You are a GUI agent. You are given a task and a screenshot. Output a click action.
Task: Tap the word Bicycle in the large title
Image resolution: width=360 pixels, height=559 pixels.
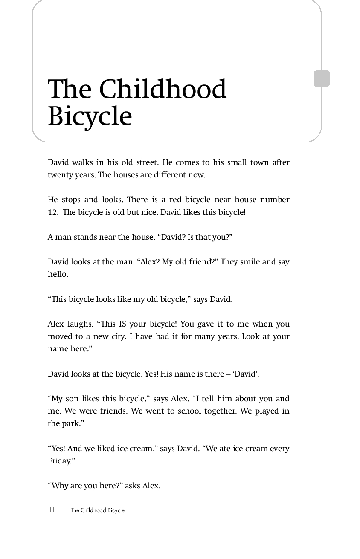pos(90,116)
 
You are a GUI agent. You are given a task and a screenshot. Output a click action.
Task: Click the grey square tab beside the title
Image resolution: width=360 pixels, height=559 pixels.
pos(322,79)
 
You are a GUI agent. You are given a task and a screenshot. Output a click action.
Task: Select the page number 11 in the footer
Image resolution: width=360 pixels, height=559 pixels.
pos(51,510)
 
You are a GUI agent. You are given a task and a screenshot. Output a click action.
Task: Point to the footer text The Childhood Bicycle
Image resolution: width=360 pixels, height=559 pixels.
pos(98,510)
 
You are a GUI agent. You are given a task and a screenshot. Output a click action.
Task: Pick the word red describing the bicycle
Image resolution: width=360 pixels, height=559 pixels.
pos(175,200)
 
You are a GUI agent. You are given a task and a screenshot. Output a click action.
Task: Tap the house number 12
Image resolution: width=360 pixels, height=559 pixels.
pos(52,212)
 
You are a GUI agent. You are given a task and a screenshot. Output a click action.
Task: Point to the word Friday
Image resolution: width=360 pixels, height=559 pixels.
pos(58,461)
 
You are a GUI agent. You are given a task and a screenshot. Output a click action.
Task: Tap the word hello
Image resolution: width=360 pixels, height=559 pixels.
pos(58,274)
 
